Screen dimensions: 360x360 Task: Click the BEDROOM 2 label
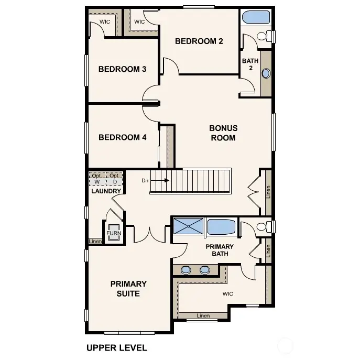[199, 41]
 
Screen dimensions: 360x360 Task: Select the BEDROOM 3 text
[122, 69]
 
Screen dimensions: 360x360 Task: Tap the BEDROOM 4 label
[122, 138]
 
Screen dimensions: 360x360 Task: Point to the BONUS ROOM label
[223, 133]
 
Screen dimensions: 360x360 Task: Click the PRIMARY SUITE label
[128, 289]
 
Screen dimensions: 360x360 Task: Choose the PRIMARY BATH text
[220, 250]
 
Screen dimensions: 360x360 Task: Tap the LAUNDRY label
[106, 191]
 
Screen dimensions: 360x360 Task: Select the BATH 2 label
[250, 64]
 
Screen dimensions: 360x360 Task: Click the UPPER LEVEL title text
[116, 347]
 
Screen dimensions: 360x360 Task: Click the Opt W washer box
[97, 179]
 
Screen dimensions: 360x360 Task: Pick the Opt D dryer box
[114, 179]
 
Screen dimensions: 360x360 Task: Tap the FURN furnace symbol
[114, 233]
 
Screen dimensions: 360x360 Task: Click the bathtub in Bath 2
[255, 17]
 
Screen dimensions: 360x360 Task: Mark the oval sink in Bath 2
[266, 73]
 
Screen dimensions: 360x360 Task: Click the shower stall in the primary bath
[189, 226]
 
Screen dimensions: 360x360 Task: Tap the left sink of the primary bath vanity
[186, 270]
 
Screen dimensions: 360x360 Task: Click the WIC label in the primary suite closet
[227, 294]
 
